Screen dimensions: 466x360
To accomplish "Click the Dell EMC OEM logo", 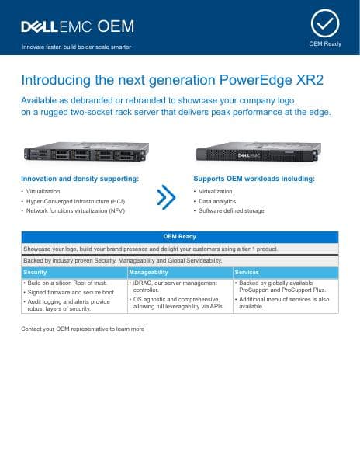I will point(77,26).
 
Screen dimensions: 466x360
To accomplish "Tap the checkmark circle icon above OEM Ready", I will point(325,23).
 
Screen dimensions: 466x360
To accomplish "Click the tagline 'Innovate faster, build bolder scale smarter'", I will point(76,47).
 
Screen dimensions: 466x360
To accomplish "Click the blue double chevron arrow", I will point(166,196).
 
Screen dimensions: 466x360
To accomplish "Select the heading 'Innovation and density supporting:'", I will point(80,179).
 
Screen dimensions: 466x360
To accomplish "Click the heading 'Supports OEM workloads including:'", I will point(254,179).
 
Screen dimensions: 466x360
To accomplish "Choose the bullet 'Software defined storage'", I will point(231,210).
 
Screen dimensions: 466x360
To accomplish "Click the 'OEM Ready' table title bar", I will point(179,237).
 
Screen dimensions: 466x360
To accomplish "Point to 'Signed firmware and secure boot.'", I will point(71,292).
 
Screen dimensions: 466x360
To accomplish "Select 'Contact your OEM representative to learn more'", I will point(83,329).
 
